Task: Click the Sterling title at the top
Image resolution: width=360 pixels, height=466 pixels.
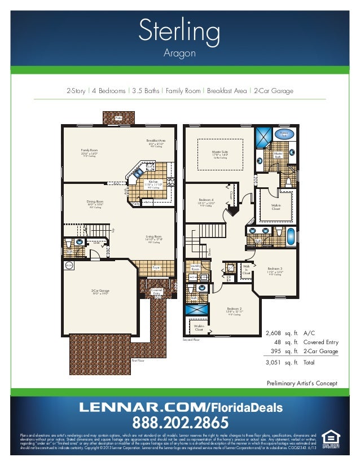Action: coord(179,31)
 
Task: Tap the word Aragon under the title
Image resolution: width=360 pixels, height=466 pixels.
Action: coord(179,54)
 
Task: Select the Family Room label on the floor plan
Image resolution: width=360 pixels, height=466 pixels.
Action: coord(90,151)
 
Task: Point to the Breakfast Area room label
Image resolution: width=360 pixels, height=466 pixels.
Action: coord(156,141)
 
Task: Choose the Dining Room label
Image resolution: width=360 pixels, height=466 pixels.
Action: coord(95,202)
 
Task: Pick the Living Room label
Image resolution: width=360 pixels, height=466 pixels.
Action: coord(153,238)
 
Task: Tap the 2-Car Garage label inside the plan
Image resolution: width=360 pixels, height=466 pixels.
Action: coord(100,291)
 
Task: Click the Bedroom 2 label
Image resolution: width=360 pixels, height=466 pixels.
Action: coord(235,309)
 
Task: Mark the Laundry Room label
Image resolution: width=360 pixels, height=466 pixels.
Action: coord(196,267)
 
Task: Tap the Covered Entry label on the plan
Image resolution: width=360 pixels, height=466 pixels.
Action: coord(156,292)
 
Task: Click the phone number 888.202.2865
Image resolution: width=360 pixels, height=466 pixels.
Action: coord(181,422)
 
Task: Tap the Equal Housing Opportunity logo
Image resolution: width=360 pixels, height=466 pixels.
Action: coord(331,439)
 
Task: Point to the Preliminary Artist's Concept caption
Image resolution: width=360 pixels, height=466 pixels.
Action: coord(302,383)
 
